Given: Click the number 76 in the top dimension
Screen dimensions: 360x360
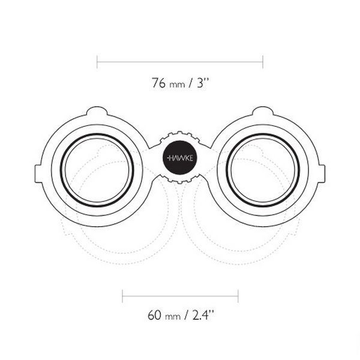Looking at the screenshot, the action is click(158, 83).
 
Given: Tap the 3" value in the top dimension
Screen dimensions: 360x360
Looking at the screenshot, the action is click(202, 83).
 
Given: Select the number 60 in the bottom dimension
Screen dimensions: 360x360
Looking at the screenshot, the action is click(154, 315).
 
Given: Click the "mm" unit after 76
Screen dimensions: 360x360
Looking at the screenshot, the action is click(177, 85).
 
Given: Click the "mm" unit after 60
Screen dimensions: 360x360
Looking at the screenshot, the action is click(173, 317).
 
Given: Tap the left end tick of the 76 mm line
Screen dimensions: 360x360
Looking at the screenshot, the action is click(97, 62).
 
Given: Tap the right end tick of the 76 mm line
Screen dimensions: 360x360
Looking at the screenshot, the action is click(263, 62).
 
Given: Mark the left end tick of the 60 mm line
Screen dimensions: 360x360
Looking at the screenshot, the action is click(122, 296).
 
